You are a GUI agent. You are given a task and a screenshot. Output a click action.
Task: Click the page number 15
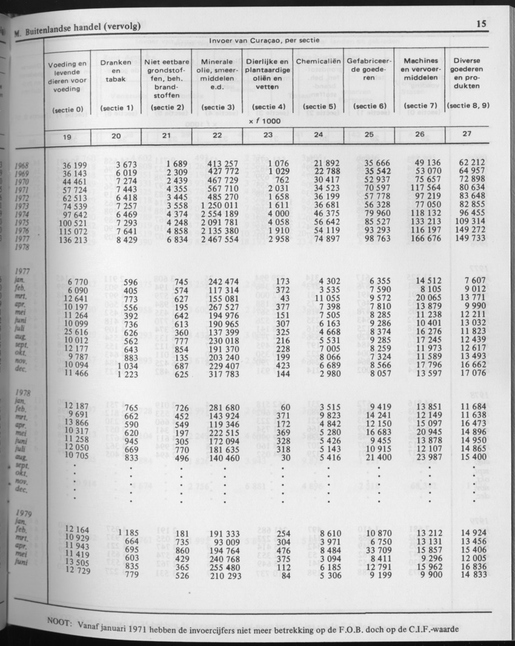[482, 24]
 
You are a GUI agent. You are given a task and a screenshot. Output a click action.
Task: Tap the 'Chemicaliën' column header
[318, 62]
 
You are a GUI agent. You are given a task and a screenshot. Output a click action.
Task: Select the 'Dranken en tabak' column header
[116, 70]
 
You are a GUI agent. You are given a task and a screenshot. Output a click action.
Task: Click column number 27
[466, 134]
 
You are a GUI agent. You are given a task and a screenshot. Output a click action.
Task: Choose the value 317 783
[223, 374]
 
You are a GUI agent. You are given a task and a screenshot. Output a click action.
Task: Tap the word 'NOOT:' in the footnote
[59, 621]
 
